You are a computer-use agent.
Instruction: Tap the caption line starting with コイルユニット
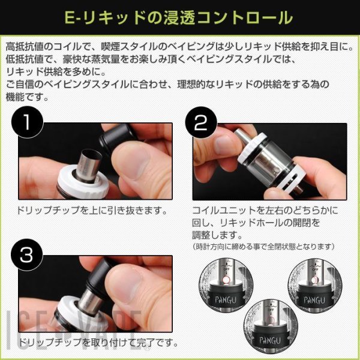pos(265,211)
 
